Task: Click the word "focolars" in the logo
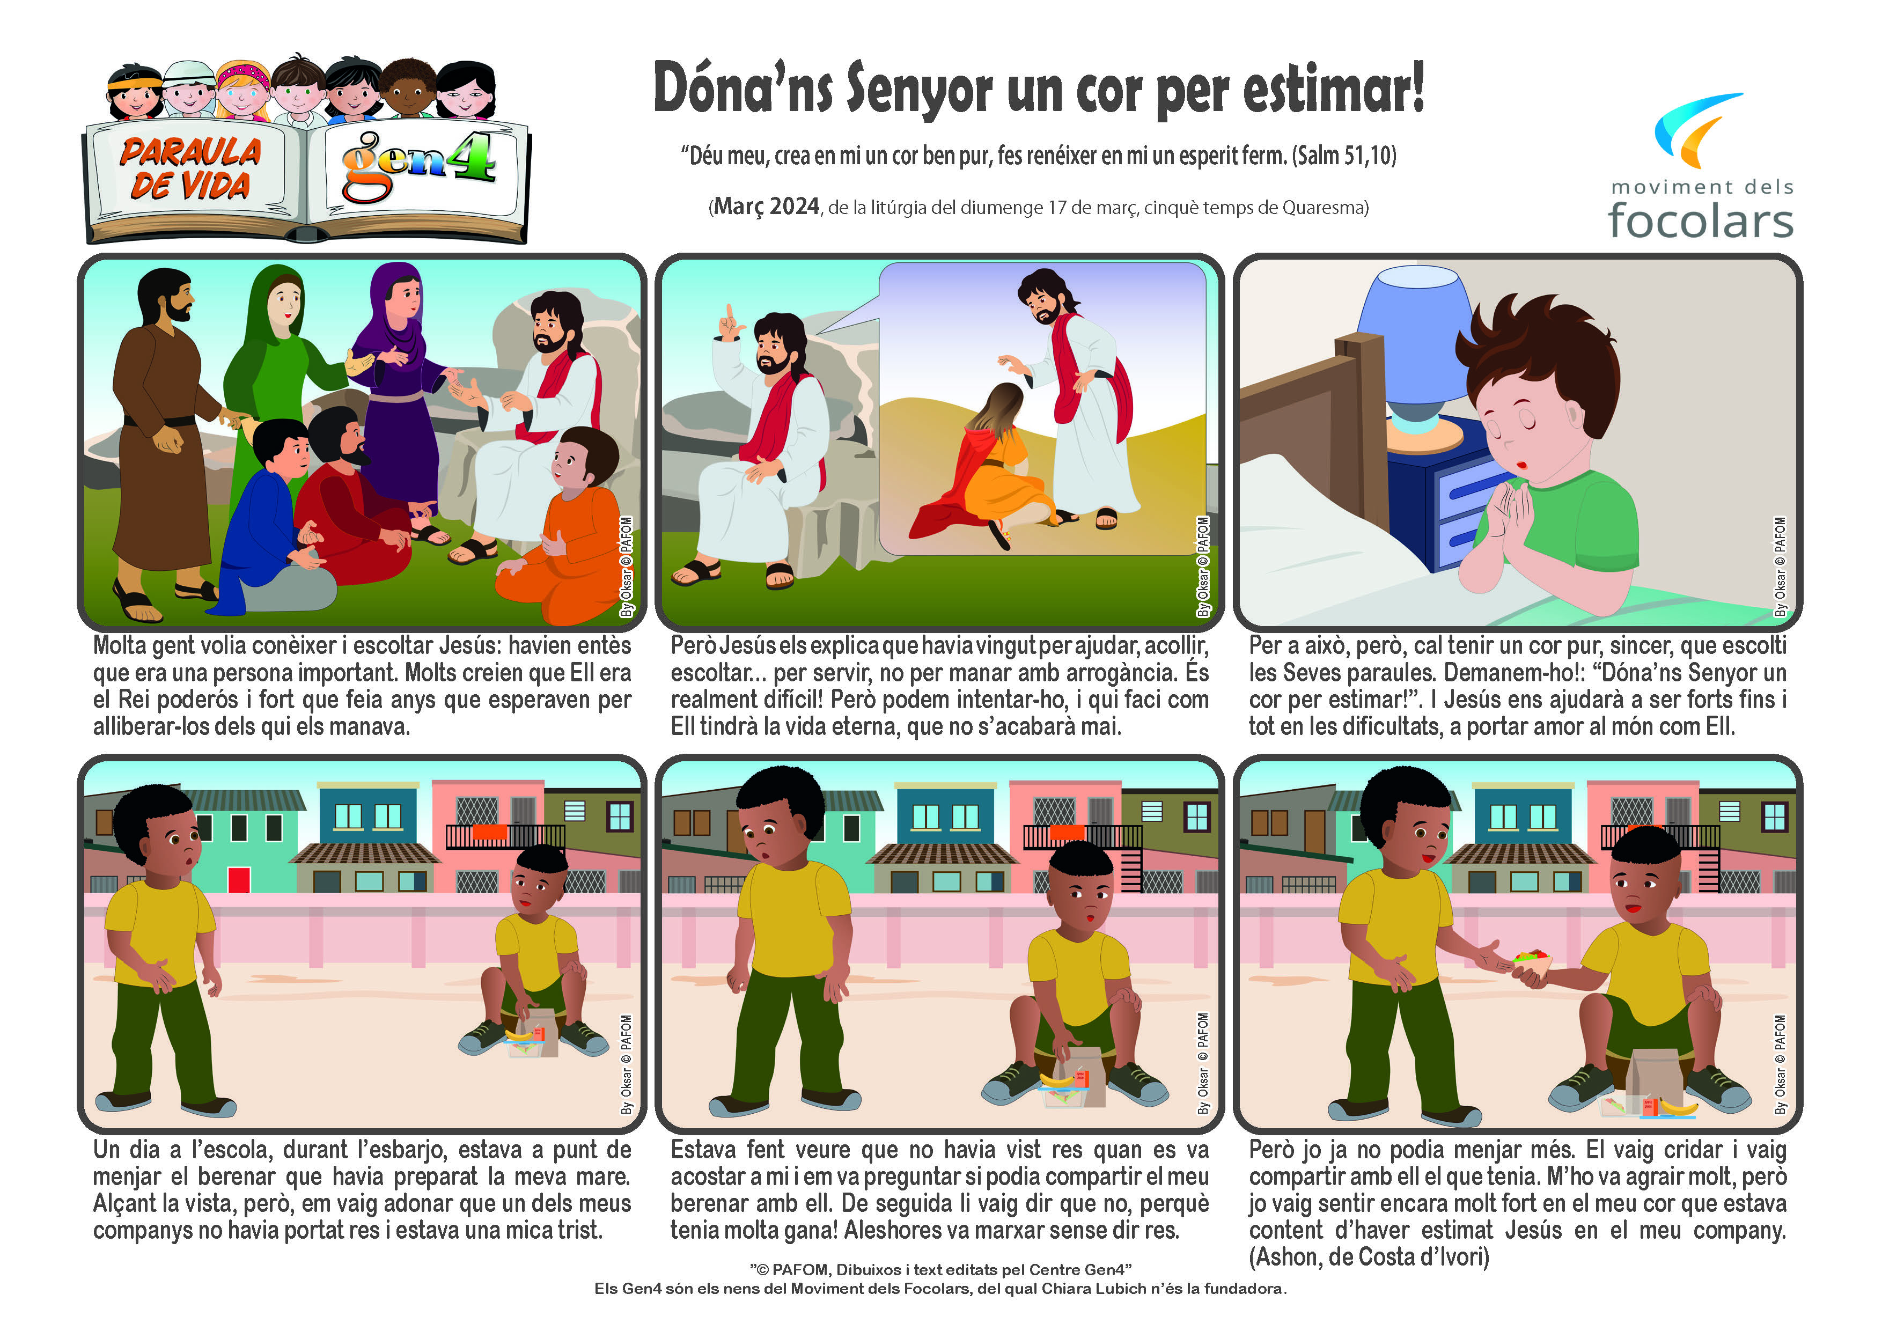[1700, 220]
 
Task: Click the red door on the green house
[239, 879]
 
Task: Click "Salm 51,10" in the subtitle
[1344, 155]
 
